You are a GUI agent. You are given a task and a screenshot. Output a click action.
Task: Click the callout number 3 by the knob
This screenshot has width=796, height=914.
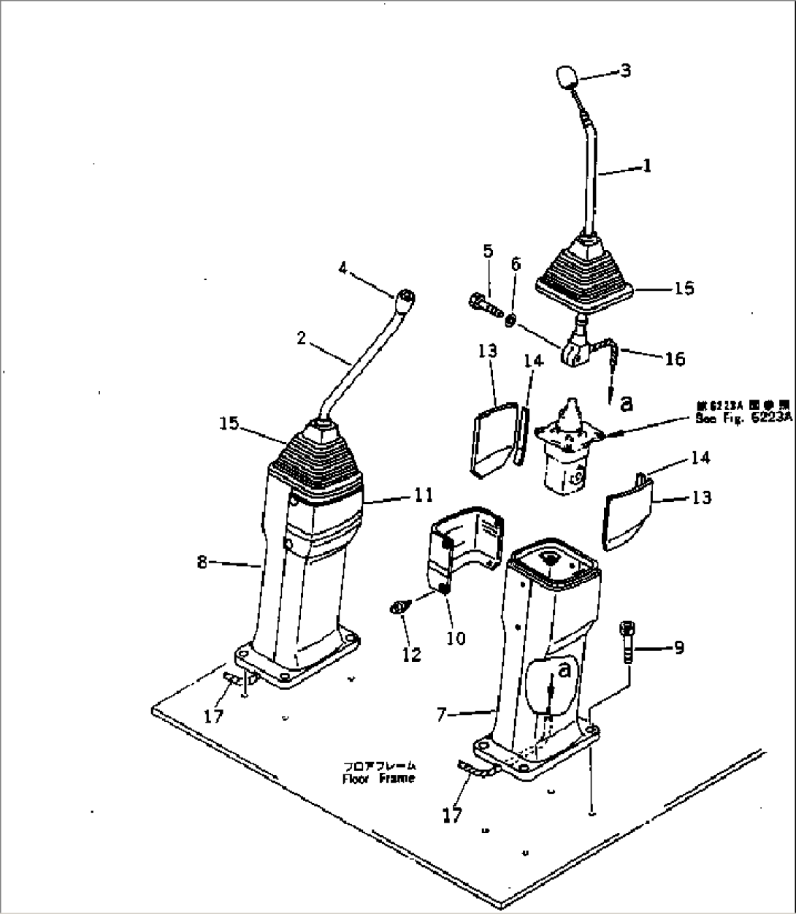tap(625, 71)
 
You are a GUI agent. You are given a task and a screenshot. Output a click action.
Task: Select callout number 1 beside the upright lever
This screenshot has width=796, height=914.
tap(646, 167)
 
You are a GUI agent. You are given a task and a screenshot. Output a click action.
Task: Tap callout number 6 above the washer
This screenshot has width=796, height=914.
tap(516, 264)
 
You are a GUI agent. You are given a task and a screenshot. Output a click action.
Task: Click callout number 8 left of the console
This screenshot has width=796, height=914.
tap(202, 562)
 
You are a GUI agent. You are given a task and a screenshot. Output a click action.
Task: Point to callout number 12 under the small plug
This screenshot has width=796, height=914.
tap(412, 655)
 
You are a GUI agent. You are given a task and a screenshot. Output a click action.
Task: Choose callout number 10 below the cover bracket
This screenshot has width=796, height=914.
tap(456, 638)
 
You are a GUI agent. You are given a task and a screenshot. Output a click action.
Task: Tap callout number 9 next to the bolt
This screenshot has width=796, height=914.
tap(678, 647)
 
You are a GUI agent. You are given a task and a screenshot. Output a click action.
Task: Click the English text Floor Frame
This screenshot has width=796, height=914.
tap(379, 778)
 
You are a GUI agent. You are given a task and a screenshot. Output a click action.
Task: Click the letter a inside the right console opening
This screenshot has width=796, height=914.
tap(562, 669)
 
